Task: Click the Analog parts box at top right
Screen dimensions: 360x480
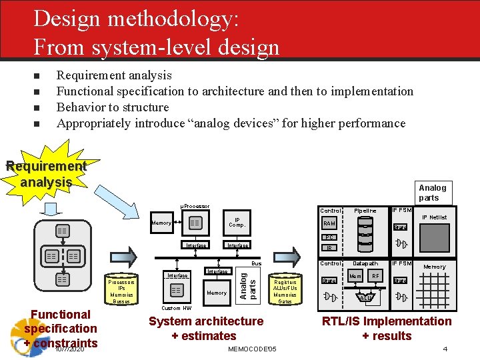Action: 433,192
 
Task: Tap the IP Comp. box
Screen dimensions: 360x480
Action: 237,223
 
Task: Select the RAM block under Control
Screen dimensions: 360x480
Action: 329,224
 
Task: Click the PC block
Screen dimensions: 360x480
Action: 329,237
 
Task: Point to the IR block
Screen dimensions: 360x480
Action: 329,248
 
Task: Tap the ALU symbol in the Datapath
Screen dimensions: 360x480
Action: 365,297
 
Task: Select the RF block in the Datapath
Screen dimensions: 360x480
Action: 376,275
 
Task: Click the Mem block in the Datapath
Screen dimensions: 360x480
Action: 355,275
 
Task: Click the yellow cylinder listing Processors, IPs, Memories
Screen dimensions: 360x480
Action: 122,291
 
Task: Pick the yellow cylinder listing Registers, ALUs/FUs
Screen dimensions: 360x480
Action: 285,291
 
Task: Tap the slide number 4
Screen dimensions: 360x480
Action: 445,349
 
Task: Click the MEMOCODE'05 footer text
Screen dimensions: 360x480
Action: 252,349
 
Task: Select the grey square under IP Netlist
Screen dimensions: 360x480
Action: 434,237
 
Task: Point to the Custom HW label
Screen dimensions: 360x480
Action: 177,308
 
